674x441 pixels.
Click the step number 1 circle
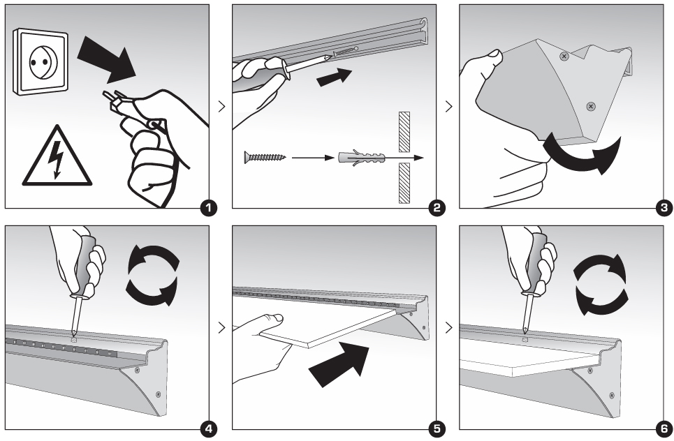207,207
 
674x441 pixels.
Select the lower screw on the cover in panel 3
591,106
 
